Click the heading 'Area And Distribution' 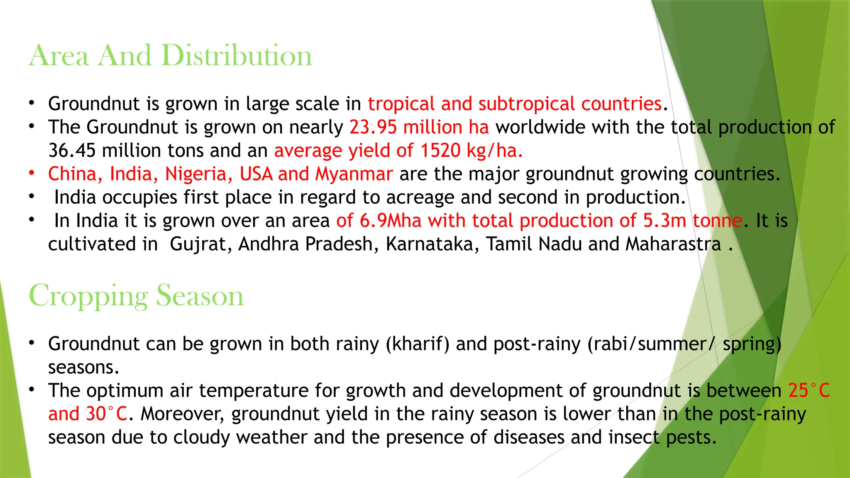click(x=170, y=55)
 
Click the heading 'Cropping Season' click(x=136, y=295)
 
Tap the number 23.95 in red click(x=373, y=127)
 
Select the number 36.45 click(x=72, y=150)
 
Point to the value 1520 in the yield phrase click(x=440, y=150)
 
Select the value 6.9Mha click(x=390, y=221)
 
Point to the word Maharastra click(x=673, y=244)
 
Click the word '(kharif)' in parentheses click(x=417, y=344)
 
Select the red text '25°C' click(x=808, y=390)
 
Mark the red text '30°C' click(x=106, y=414)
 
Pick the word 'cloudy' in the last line click(x=201, y=437)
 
